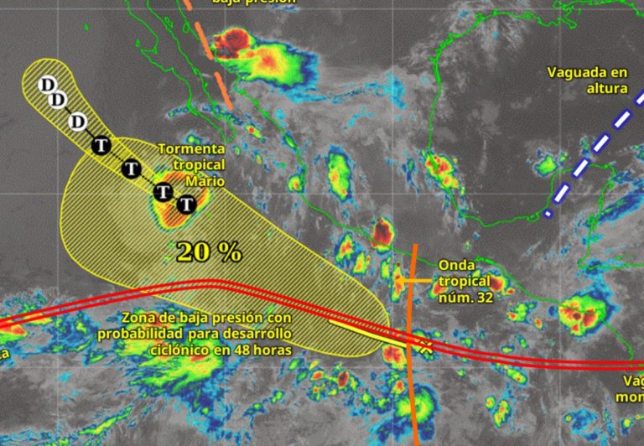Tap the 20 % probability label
209,251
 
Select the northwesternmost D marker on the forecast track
48,84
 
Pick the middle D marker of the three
58,101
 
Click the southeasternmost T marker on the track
187,204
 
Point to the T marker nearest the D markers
101,145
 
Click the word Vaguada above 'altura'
576,72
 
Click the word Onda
454,266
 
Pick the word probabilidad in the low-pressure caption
138,334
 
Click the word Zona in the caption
138,319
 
